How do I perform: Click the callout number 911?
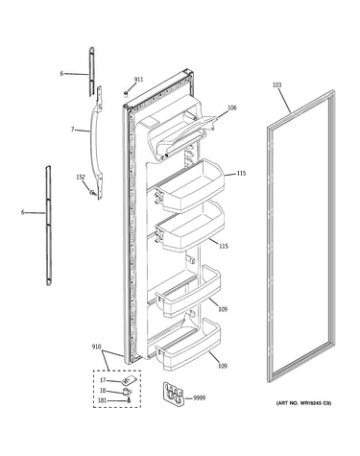[x=138, y=80]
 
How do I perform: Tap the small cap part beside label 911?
[x=126, y=93]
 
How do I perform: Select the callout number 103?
[x=276, y=84]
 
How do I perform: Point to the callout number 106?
[x=232, y=108]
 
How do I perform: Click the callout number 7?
[x=72, y=130]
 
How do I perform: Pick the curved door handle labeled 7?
[x=96, y=141]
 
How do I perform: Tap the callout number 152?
[x=81, y=177]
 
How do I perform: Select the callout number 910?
[x=96, y=347]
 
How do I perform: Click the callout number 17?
[x=103, y=380]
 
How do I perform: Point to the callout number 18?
[x=103, y=391]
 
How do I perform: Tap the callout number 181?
[x=103, y=400]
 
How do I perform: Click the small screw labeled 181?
[x=129, y=400]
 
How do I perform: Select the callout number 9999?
[x=200, y=398]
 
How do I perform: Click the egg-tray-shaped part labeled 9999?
[x=174, y=394]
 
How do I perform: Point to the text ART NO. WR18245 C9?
[x=303, y=403]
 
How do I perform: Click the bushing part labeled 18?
[x=128, y=391]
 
